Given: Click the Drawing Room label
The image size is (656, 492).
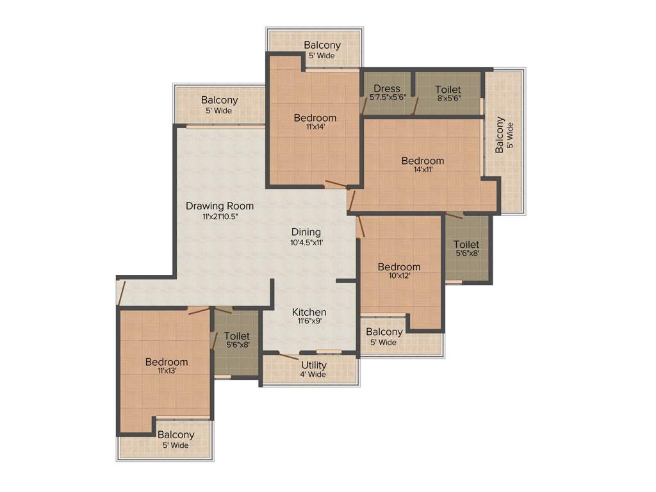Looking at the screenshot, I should [220, 206].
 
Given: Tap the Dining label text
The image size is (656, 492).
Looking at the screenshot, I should [306, 232].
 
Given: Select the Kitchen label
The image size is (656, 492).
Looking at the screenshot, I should [309, 312].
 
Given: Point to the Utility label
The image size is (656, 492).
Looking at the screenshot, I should [314, 365].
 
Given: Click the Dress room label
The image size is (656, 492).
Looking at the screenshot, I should [387, 88].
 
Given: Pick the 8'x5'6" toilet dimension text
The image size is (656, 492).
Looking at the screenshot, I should [448, 99].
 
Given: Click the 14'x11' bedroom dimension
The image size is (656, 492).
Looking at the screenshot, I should [423, 170].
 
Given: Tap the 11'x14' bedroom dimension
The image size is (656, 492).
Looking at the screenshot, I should [315, 127].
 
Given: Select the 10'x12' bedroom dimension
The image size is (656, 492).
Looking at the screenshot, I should [399, 276].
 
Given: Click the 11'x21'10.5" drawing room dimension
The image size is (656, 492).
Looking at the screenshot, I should [220, 217].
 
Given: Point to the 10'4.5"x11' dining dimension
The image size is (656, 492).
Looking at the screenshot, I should [306, 242].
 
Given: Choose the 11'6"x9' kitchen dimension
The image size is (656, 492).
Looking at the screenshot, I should [309, 322].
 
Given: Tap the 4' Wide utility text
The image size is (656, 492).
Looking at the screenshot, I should [314, 375].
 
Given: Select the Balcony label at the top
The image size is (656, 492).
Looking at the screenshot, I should [322, 45].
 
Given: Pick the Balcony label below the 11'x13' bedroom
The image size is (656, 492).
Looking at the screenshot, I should [176, 435].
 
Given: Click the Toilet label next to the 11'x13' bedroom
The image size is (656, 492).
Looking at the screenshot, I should [237, 336].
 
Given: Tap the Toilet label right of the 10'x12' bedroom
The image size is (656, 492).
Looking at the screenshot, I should [466, 244].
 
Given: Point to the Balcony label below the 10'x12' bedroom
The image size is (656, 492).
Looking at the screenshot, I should [384, 332].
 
